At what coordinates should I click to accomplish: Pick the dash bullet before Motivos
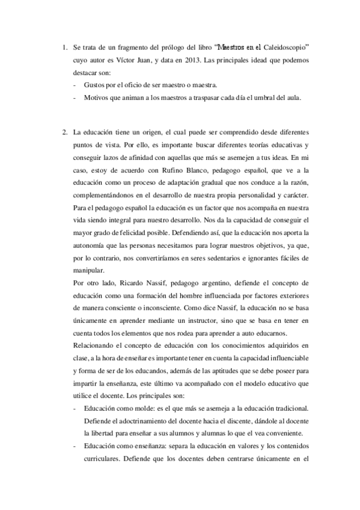point(73,96)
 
